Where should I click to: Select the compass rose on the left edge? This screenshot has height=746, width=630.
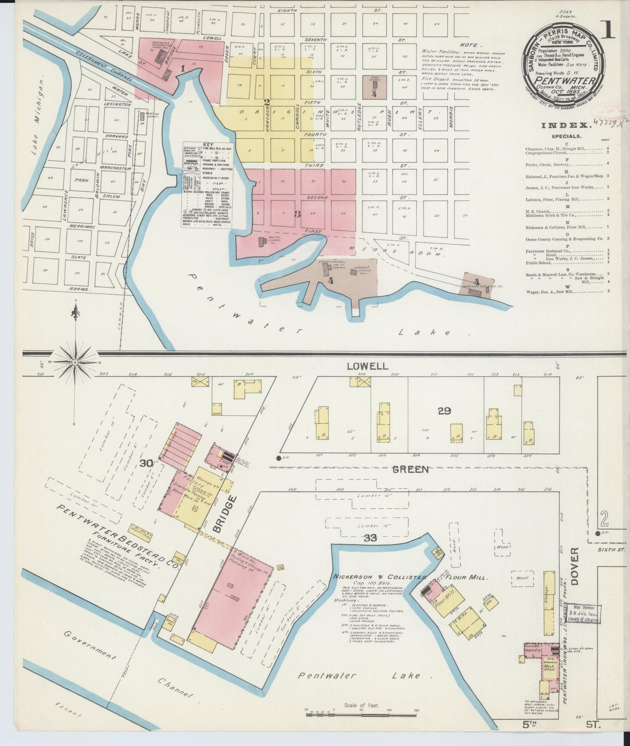(76, 362)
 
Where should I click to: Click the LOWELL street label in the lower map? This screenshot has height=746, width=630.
(367, 366)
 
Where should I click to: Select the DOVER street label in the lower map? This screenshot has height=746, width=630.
(574, 566)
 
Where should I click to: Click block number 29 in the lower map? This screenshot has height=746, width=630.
(444, 411)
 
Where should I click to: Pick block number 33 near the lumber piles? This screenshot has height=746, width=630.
(371, 538)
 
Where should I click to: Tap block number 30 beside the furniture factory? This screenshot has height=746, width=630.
(146, 464)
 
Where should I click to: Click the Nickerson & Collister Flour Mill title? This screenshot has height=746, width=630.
(410, 577)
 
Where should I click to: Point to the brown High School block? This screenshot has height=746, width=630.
(374, 86)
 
